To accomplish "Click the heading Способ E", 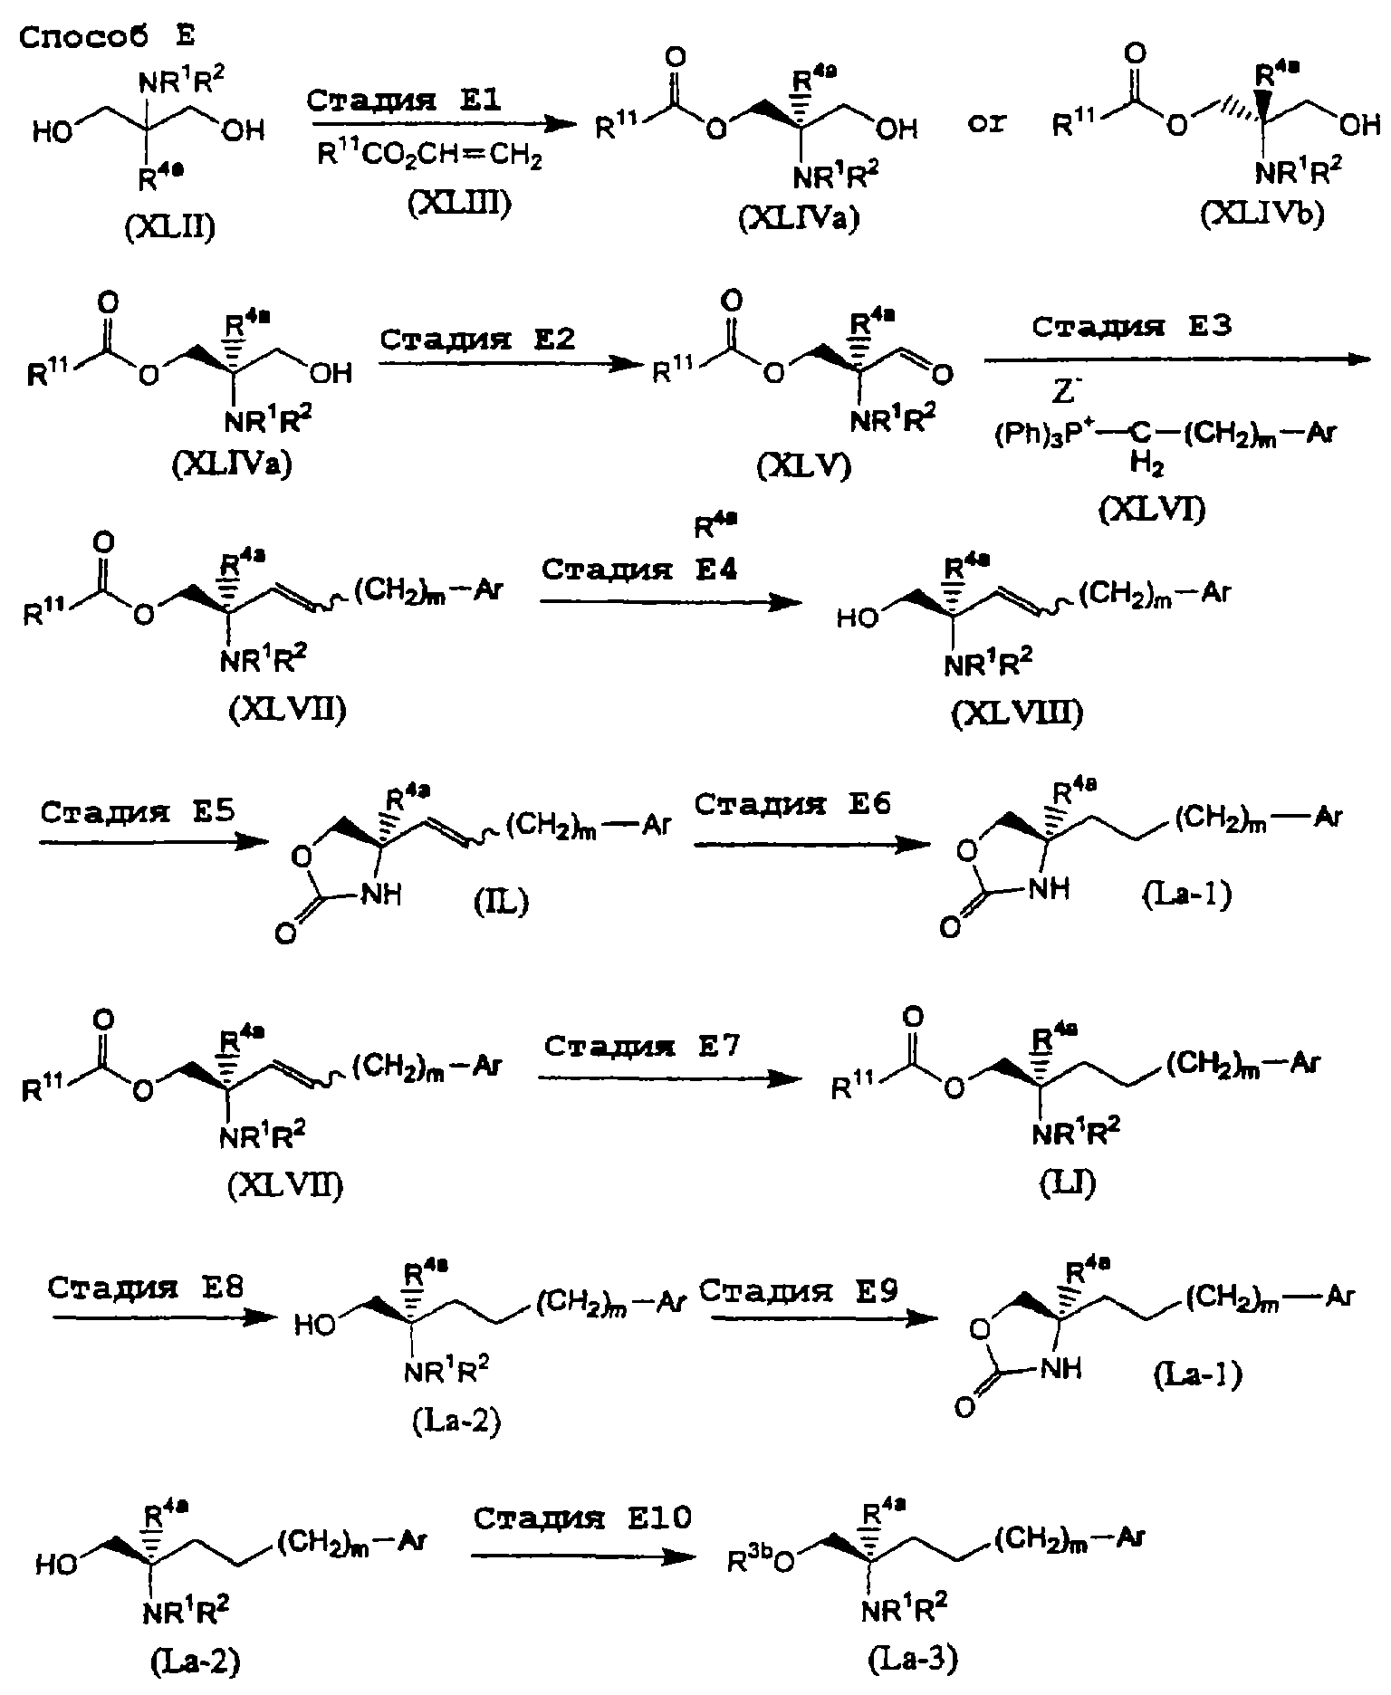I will [x=108, y=37].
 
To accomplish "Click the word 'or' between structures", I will [x=987, y=124].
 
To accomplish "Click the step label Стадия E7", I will [x=643, y=1047].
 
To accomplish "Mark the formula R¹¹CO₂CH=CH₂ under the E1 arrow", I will [x=429, y=159].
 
